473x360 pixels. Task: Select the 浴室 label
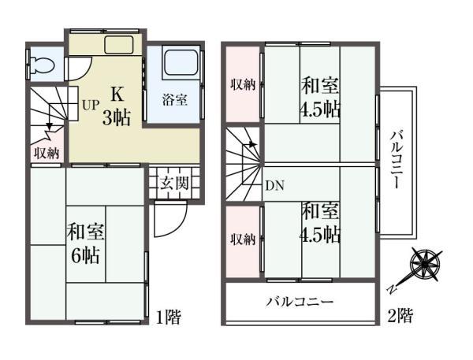174,101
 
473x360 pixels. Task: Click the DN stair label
274,186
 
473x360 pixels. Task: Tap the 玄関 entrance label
175,184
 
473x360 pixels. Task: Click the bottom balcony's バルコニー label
299,302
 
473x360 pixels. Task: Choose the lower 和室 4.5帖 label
319,223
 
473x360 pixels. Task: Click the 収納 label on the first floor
47,153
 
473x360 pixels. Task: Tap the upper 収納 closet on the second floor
243,86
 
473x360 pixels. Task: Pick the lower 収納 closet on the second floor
243,239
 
